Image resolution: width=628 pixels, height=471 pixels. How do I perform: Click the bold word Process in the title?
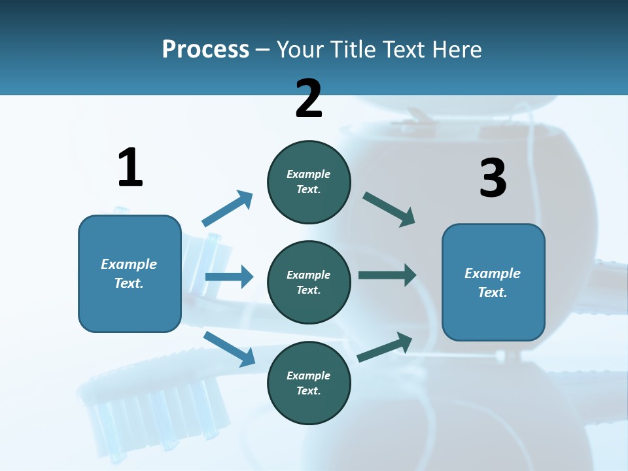[205, 50]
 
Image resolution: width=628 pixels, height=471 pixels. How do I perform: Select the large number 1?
[130, 167]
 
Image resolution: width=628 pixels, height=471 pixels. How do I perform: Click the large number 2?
[309, 99]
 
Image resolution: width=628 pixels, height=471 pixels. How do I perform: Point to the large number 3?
[493, 178]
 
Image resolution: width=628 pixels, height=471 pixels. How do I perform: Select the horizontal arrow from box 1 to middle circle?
[229, 277]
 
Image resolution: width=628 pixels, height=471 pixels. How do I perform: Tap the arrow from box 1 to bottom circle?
[229, 349]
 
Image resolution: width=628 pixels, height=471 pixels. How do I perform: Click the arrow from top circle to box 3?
[389, 209]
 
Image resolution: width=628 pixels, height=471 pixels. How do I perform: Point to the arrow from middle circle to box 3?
[387, 275]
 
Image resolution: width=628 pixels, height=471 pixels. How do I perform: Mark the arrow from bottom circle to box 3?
[385, 347]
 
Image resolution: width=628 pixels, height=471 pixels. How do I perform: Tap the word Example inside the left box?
[129, 264]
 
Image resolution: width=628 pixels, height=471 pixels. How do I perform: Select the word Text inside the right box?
[492, 292]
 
